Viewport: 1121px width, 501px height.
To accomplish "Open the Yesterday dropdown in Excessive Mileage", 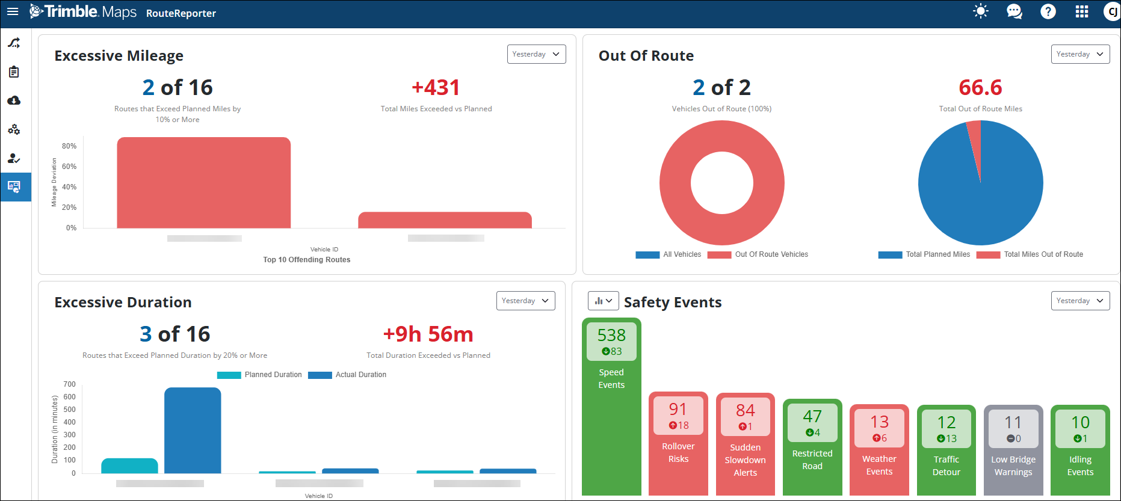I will [536, 54].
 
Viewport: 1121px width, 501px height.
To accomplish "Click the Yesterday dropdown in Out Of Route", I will [1080, 54].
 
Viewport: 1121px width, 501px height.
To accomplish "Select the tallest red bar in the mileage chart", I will [203, 183].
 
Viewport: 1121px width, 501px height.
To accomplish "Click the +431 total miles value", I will [436, 88].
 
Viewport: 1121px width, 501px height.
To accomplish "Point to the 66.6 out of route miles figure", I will [980, 88].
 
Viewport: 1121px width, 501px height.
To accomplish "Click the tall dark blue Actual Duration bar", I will [193, 430].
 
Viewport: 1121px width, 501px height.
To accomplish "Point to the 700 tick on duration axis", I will [70, 384].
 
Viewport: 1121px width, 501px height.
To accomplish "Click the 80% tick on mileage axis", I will [69, 146].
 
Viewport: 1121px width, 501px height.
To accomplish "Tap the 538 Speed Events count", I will [611, 335].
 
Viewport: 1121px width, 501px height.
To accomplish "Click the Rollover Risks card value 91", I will [678, 410].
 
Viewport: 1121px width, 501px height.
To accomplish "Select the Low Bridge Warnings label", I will [1013, 466].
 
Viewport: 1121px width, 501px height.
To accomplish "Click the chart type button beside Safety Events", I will [603, 301].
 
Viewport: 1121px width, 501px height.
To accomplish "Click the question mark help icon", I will [1048, 12].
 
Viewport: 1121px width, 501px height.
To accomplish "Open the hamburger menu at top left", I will [13, 11].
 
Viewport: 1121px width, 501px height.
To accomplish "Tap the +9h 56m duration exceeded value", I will [428, 334].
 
